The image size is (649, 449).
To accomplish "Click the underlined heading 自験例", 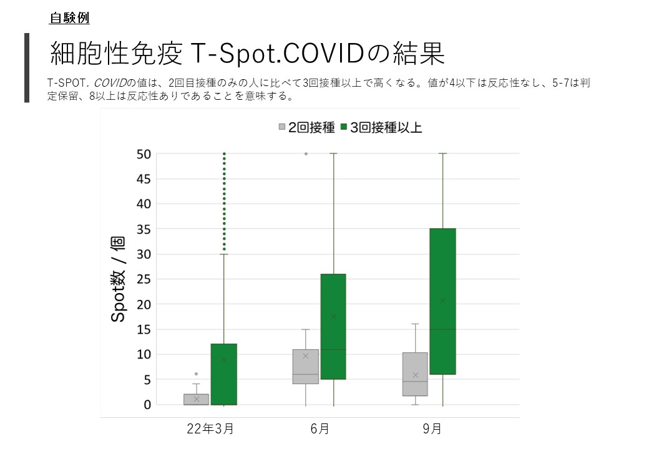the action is (69, 18).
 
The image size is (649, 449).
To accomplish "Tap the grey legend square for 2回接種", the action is (282, 127).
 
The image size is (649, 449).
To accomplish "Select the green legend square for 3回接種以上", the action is (344, 127).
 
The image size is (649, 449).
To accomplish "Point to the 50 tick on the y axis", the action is (144, 154).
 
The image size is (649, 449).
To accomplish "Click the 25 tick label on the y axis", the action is (144, 279).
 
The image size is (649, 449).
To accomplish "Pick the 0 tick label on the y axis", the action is (147, 405).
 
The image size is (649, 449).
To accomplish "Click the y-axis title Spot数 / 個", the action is (118, 279).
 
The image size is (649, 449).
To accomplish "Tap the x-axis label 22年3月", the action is (210, 429).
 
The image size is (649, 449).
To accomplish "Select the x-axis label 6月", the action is (320, 429).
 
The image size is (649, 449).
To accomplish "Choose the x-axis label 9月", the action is (432, 429).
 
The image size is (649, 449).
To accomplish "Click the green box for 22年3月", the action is (224, 374).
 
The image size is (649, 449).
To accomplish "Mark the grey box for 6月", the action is (305, 367).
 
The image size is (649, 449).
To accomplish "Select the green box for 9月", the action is (443, 301).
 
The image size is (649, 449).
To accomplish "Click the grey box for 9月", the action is (415, 374).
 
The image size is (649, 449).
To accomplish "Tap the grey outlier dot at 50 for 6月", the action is (306, 154).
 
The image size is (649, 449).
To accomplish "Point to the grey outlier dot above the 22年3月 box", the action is (196, 374).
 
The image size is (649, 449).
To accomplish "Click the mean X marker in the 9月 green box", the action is (443, 301).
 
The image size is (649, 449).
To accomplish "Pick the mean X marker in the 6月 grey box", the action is (305, 355).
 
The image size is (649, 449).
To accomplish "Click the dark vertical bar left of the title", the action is (27, 68).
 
